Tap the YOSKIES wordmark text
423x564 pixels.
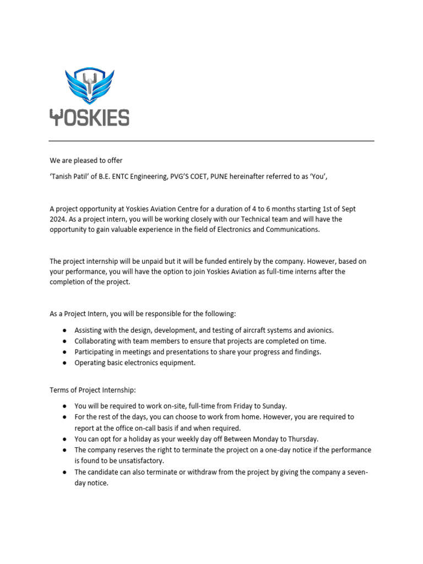click(89, 117)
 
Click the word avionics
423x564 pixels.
click(318, 330)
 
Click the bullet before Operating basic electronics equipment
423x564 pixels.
click(65, 362)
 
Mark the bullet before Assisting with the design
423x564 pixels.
click(65, 330)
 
